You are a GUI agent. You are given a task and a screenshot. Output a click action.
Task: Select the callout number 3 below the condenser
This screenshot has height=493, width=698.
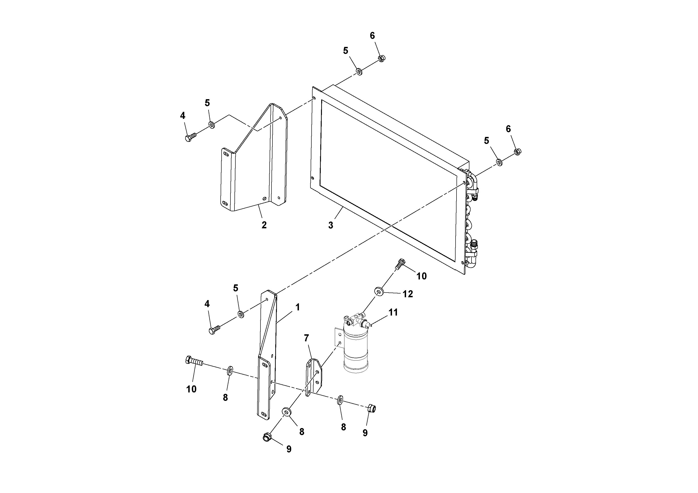click(330, 225)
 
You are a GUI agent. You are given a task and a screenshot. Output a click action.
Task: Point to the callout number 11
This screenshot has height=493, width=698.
click(393, 312)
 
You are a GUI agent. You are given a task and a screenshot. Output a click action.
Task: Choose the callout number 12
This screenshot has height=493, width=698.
click(408, 294)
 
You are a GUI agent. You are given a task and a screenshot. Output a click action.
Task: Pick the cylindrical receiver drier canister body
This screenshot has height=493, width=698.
click(356, 353)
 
